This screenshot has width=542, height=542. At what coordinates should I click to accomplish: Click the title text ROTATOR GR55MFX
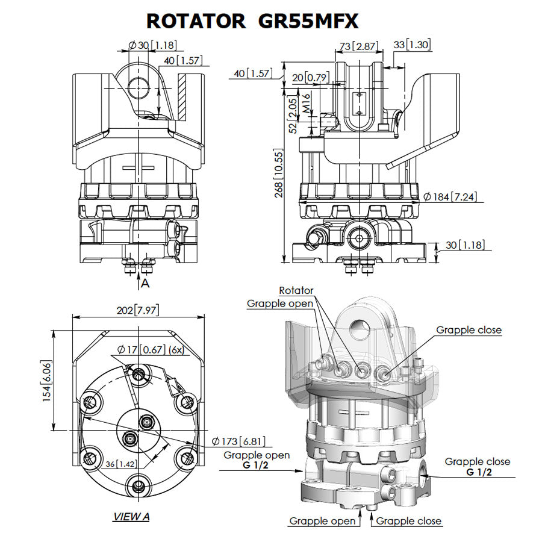pos(252,20)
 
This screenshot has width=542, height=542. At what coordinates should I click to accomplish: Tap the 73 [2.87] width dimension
pos(358,46)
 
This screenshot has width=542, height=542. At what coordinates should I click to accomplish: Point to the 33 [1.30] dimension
pos(413,44)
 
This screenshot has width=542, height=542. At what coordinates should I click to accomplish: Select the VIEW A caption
pos(131,517)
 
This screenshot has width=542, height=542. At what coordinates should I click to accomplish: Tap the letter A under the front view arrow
pos(145,282)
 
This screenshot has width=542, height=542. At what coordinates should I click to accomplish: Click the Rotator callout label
pos(296,291)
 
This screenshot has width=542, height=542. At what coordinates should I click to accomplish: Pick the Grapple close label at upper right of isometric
pos(469,330)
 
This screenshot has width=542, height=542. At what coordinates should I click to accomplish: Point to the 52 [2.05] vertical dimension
pos(293,114)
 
